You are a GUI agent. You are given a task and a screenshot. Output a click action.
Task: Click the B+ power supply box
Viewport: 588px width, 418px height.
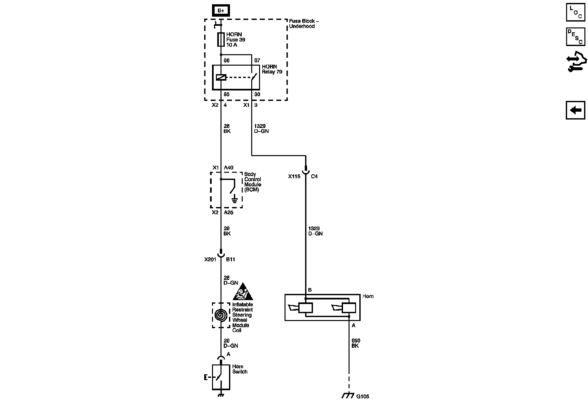pyautogui.click(x=221, y=10)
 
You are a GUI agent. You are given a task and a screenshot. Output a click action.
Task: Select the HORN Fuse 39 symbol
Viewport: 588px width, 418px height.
pyautogui.click(x=221, y=40)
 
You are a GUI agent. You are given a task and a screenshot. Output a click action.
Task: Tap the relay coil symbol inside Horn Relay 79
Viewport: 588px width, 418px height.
pyautogui.click(x=221, y=78)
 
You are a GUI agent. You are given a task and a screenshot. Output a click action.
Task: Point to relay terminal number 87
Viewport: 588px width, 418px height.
pyautogui.click(x=257, y=60)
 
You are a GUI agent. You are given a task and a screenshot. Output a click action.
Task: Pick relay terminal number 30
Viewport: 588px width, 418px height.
pyautogui.click(x=257, y=94)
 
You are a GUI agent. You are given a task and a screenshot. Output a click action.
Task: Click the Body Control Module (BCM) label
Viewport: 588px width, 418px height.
pyautogui.click(x=253, y=182)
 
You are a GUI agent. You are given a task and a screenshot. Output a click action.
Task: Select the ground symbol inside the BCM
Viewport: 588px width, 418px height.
pyautogui.click(x=234, y=199)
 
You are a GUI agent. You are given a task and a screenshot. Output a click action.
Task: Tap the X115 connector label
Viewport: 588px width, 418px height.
pyautogui.click(x=294, y=176)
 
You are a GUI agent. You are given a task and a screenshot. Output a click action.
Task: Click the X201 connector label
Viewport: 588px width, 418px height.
pyautogui.click(x=210, y=260)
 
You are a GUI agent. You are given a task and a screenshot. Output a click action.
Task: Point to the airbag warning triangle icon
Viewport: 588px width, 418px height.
pyautogui.click(x=243, y=292)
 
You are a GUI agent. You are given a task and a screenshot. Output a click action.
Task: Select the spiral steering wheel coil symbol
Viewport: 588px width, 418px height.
pyautogui.click(x=221, y=315)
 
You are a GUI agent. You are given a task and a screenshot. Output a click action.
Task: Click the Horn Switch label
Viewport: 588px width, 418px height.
pyautogui.click(x=240, y=369)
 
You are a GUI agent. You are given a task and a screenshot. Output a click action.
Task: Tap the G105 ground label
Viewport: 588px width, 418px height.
pyautogui.click(x=363, y=396)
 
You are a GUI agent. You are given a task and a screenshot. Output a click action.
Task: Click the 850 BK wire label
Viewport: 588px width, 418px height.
pyautogui.click(x=355, y=343)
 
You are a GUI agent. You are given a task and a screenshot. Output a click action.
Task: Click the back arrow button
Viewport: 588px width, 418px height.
pyautogui.click(x=575, y=110)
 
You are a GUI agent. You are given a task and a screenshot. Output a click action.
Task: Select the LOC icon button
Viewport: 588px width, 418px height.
pyautogui.click(x=575, y=12)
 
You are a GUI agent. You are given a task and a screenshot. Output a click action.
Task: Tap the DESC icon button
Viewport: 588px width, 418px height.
pyautogui.click(x=575, y=37)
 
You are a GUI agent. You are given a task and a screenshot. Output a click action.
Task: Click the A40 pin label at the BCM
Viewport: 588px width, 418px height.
pyautogui.click(x=228, y=168)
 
